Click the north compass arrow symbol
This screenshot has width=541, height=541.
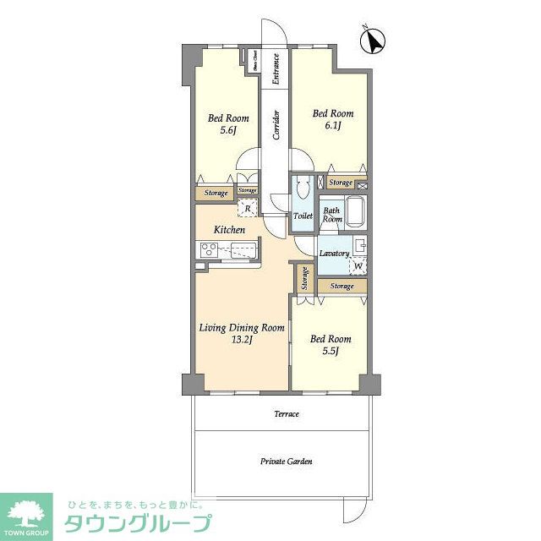[x=374, y=41]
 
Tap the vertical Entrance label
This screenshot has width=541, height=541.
[x=276, y=69]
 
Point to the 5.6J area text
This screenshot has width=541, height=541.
[x=228, y=131]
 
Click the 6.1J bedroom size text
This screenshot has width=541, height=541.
[x=332, y=126]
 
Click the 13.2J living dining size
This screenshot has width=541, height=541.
[x=241, y=340]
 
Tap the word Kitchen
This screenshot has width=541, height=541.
[x=229, y=230]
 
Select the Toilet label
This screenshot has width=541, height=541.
[x=303, y=216]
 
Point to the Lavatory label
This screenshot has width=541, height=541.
[x=335, y=253]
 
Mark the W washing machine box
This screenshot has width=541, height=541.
[x=358, y=265]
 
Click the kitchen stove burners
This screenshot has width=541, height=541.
[x=209, y=249]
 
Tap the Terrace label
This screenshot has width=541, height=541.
[x=286, y=414]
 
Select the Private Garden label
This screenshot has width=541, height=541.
[x=286, y=462]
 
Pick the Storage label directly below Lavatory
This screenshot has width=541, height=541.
[x=342, y=287]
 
